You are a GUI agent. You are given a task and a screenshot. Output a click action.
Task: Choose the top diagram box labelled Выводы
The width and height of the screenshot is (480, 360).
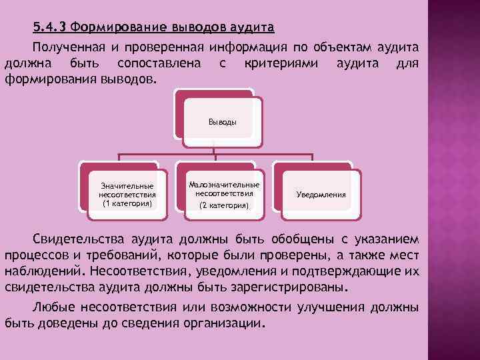(222, 122)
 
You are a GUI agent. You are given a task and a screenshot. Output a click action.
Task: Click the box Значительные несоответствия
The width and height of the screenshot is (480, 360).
(127, 194)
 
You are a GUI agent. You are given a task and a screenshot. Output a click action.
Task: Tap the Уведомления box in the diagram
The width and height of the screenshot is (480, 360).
(321, 195)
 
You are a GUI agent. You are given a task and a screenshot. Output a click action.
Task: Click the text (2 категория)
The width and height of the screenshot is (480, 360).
(225, 206)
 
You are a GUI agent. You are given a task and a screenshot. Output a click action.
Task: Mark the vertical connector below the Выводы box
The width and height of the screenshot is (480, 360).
(213, 148)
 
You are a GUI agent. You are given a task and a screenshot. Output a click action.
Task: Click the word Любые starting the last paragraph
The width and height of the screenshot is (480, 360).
(53, 307)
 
